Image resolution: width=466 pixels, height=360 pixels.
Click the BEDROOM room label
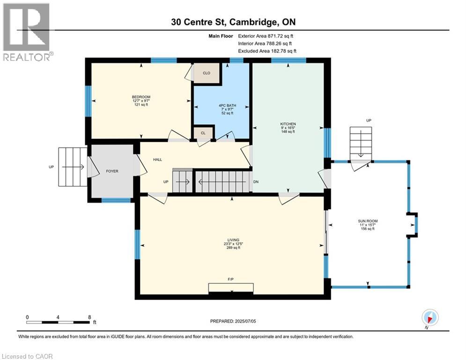[x=140, y=97]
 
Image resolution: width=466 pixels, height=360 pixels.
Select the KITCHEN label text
[x=288, y=124]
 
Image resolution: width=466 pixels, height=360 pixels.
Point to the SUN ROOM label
[x=368, y=221]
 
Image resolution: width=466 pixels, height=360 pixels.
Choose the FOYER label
[x=112, y=171]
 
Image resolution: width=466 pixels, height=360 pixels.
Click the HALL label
[x=157, y=160]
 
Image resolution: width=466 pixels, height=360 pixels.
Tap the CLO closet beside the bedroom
[x=207, y=73]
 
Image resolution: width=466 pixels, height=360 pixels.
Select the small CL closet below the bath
[x=203, y=133]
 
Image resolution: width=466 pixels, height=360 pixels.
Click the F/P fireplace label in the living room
[x=231, y=279]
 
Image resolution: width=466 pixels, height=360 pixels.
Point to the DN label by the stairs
[x=256, y=182]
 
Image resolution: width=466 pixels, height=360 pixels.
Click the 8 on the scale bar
[x=89, y=317]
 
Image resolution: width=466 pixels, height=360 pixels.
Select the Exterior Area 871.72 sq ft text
[x=266, y=36]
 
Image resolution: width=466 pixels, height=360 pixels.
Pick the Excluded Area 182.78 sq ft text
[x=267, y=51]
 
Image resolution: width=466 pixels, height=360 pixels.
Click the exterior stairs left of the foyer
[x=72, y=166]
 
